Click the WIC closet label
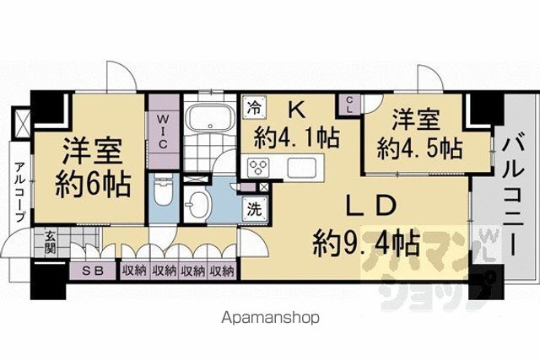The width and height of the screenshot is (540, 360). coord(163,132)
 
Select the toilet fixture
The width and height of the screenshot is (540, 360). coord(164,190)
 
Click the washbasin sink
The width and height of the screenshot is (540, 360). coord(197,204)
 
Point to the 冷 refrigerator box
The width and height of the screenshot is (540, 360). coord(254,108)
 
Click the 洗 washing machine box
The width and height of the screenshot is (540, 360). coord(255,209)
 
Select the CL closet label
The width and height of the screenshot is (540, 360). coord(349,105)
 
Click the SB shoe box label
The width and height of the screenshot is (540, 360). coord(93,271)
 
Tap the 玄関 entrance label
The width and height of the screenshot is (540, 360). coord(50,243)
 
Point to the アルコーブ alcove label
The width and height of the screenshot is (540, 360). coord(20,192)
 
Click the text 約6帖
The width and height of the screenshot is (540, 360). coord(93,186)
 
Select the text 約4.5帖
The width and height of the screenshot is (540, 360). coord(420,148)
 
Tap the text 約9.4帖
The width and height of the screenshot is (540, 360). coord(365,243)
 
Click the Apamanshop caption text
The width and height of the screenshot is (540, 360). coord(270,318)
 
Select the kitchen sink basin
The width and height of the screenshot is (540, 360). coord(302,168)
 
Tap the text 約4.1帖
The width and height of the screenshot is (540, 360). coord(297,137)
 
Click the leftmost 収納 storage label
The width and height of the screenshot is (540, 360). coord(134,271)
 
